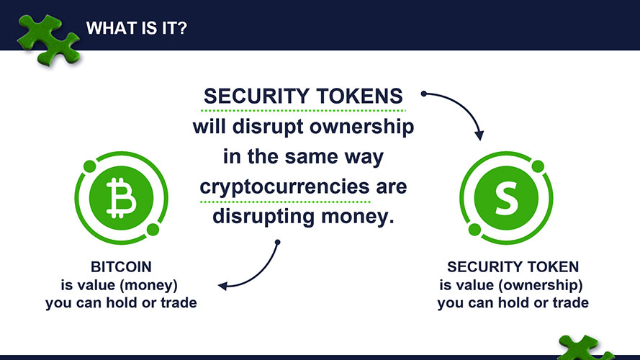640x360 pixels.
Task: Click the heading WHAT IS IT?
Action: coord(136,28)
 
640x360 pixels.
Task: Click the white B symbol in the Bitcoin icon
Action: coord(121,198)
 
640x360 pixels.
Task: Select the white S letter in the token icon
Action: coord(507,198)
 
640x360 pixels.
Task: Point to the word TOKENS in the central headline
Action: coord(359,96)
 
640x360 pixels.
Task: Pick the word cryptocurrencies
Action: coord(284,187)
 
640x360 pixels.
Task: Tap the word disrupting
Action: coord(263,217)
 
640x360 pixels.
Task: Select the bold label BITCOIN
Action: coord(121,267)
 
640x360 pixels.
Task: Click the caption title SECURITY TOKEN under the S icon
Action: coord(513,267)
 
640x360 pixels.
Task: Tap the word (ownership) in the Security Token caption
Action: coord(541,285)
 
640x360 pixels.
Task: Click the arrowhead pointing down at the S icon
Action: coord(479,135)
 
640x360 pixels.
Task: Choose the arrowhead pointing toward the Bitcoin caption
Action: coord(223,286)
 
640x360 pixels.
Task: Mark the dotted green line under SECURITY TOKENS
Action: coord(303,110)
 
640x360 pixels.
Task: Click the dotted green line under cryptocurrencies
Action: coord(285,202)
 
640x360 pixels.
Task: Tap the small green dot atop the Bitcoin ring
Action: coord(89,166)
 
